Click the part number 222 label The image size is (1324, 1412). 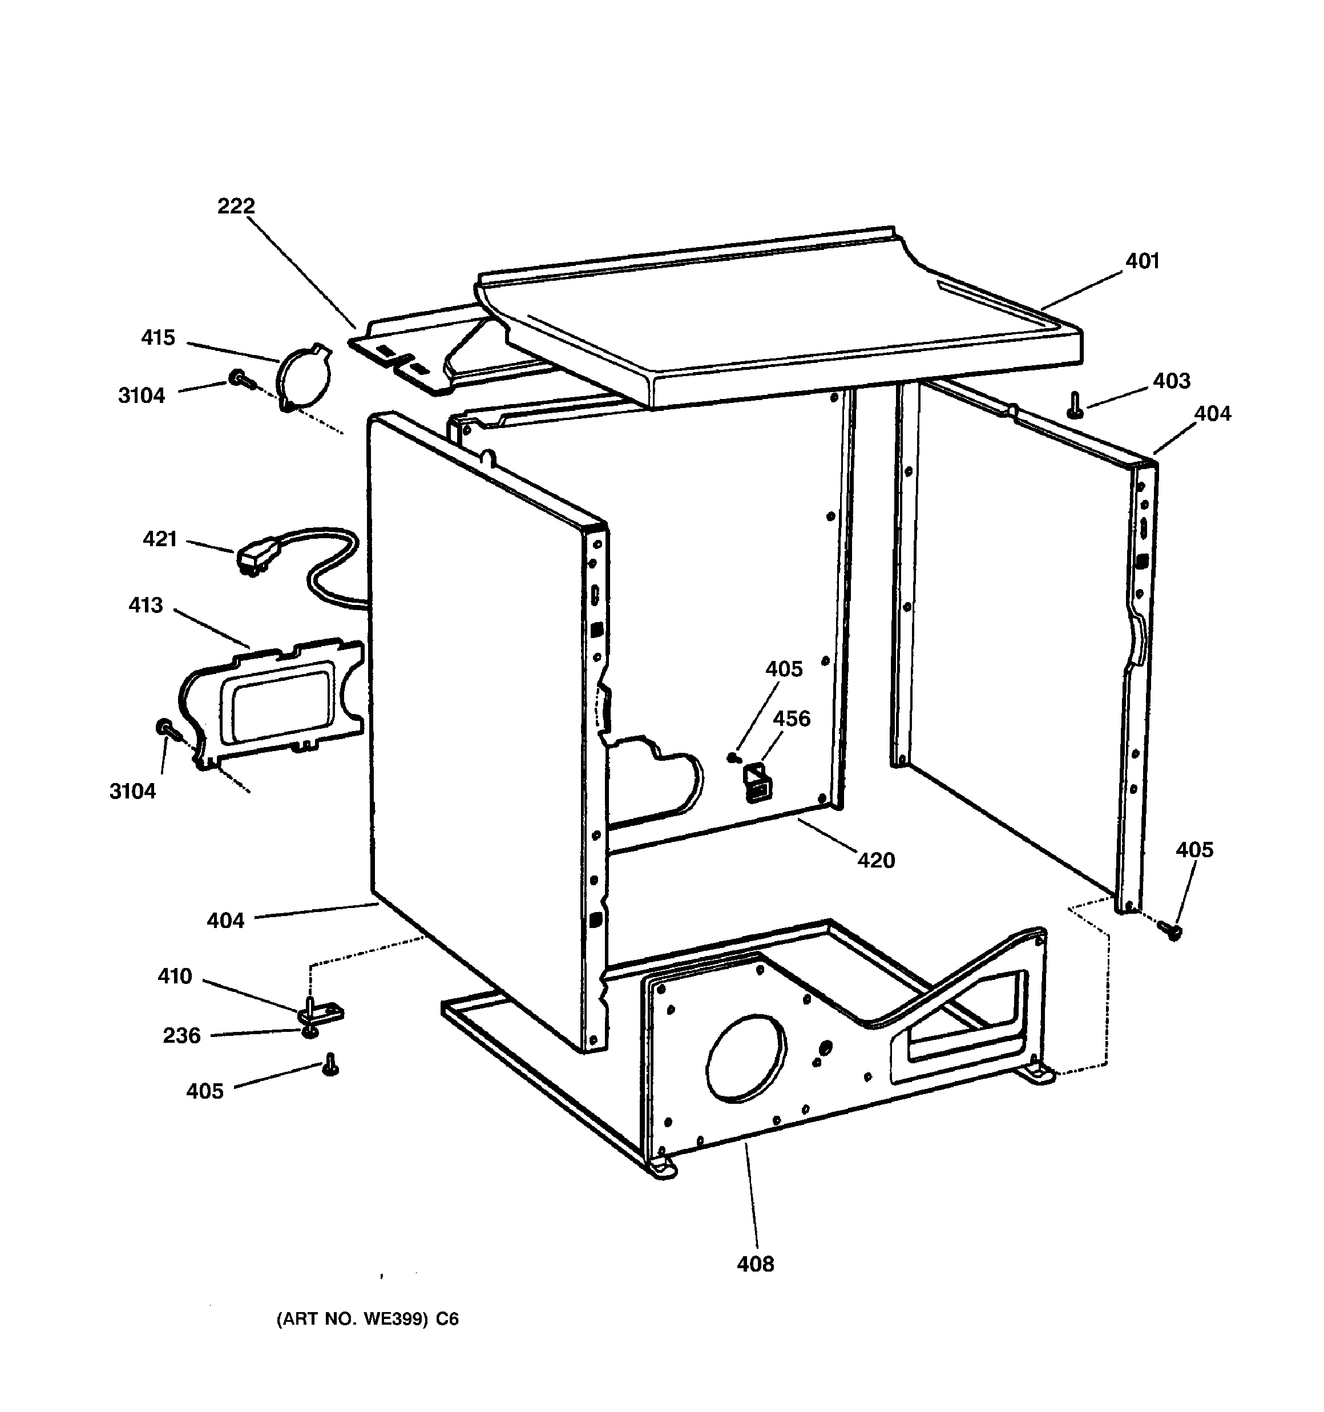coord(236,206)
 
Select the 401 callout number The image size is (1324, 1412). coord(1142,261)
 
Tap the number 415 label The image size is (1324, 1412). coord(158,337)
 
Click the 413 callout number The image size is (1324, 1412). coord(146,605)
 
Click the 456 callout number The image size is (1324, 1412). coord(792,719)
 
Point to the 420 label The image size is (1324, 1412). coord(876,861)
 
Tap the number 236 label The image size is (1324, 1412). coord(182,1035)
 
